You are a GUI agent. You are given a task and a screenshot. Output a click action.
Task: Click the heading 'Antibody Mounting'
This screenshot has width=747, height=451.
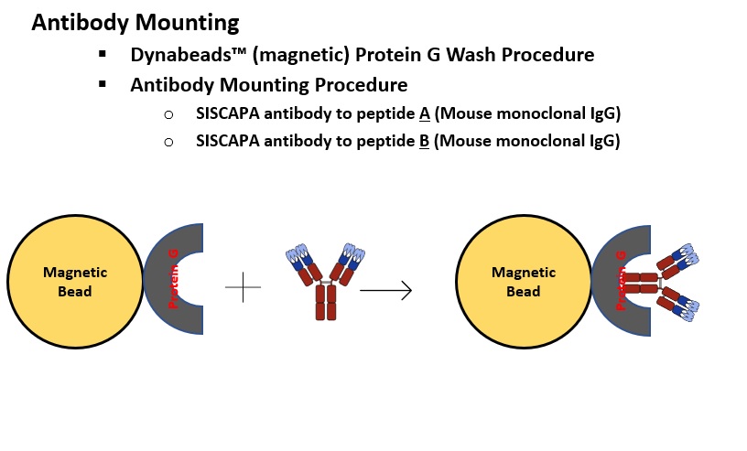(x=135, y=22)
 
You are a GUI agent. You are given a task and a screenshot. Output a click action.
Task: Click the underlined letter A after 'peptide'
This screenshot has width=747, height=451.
(x=425, y=113)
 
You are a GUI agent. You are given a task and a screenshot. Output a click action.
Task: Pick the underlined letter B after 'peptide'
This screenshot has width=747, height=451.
(x=424, y=142)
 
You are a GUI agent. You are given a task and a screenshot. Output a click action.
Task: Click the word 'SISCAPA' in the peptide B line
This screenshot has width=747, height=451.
(x=228, y=141)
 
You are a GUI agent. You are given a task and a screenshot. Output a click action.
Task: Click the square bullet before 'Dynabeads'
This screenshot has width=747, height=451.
(x=103, y=54)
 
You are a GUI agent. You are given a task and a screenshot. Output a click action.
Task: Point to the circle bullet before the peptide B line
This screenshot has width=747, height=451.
(x=168, y=142)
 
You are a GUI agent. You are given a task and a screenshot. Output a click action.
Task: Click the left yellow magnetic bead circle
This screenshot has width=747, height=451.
(x=75, y=282)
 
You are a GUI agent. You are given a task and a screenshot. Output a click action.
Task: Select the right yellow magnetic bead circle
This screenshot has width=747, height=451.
(x=524, y=282)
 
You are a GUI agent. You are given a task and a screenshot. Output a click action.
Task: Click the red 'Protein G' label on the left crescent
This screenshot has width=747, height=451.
(x=173, y=279)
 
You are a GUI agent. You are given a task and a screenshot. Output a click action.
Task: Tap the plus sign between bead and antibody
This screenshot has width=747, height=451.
(x=243, y=287)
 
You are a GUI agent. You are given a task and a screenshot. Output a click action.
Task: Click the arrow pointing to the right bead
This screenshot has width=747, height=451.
(x=385, y=290)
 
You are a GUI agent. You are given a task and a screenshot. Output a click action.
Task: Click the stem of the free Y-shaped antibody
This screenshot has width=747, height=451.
(x=326, y=303)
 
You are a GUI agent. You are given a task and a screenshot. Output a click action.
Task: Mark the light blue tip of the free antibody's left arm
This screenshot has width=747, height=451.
(x=298, y=252)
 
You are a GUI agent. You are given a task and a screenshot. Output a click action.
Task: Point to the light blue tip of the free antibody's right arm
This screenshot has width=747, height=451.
(x=354, y=252)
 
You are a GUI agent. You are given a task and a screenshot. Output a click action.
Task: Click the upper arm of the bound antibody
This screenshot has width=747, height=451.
(x=677, y=261)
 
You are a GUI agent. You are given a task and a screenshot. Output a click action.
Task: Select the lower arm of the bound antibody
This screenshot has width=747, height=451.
(x=677, y=305)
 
